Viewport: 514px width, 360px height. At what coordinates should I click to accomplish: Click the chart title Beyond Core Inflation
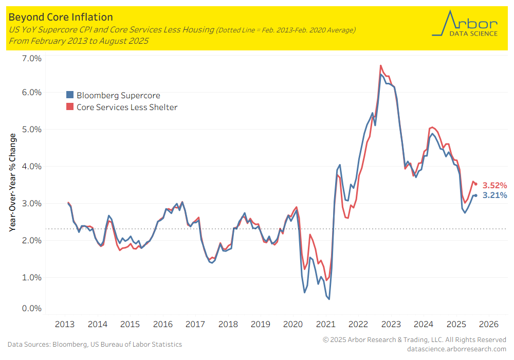click(x=61, y=18)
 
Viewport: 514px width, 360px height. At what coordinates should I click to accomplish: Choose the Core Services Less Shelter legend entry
click(x=122, y=107)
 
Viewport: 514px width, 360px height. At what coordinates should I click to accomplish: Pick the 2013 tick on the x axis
click(x=65, y=325)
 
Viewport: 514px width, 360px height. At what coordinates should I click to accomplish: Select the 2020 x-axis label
click(x=293, y=325)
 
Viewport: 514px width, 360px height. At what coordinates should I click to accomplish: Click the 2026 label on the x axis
click(x=488, y=325)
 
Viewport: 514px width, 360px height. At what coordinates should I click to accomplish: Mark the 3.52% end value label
click(x=494, y=185)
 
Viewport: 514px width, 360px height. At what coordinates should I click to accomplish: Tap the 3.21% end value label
click(x=494, y=195)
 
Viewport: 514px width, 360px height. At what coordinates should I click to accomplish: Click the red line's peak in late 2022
click(x=380, y=65)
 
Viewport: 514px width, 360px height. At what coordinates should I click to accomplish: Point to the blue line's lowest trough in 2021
click(x=329, y=299)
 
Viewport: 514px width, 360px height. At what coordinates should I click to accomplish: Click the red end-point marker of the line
click(x=476, y=184)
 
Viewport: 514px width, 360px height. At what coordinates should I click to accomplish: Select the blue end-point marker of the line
click(x=476, y=195)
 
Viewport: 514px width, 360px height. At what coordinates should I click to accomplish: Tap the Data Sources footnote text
click(x=95, y=344)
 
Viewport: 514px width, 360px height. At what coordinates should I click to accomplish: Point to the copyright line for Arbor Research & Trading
click(x=414, y=340)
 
